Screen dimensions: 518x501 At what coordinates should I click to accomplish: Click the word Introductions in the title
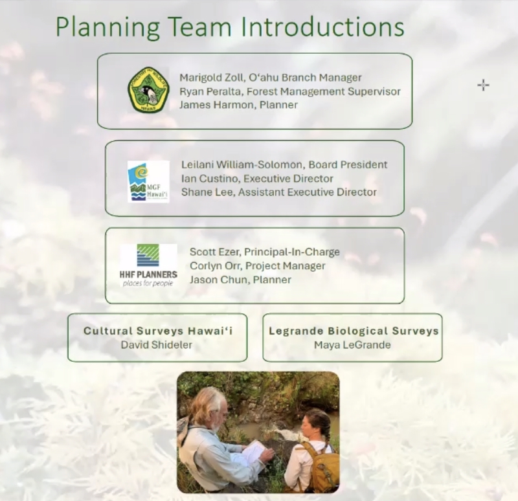[x=322, y=27]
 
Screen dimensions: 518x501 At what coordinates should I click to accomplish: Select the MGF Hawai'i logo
[x=148, y=181]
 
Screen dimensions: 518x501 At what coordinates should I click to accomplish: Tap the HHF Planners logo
[x=148, y=265]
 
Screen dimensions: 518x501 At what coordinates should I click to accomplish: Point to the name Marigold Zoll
[x=212, y=78]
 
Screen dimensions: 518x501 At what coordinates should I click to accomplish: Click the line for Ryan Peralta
[x=290, y=91]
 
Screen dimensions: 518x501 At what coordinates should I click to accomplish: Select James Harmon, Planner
[x=238, y=105]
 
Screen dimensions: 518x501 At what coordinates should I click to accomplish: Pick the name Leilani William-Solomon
[x=242, y=164]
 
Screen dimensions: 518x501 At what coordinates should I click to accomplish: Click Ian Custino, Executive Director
[x=257, y=179]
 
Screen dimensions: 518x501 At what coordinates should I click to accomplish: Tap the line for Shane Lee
[x=279, y=192]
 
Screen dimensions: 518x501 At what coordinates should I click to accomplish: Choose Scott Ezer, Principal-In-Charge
[x=265, y=252]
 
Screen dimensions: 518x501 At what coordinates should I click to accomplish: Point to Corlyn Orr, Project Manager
[x=258, y=266]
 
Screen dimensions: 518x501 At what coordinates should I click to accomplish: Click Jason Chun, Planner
[x=240, y=280]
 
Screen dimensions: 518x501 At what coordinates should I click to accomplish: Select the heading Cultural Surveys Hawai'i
[x=158, y=331]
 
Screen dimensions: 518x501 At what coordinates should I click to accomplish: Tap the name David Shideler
[x=157, y=345]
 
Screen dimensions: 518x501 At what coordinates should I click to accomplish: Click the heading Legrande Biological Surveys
[x=354, y=331]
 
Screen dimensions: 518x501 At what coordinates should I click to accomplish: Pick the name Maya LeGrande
[x=352, y=345]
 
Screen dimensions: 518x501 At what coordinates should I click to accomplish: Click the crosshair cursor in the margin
[x=483, y=85]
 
